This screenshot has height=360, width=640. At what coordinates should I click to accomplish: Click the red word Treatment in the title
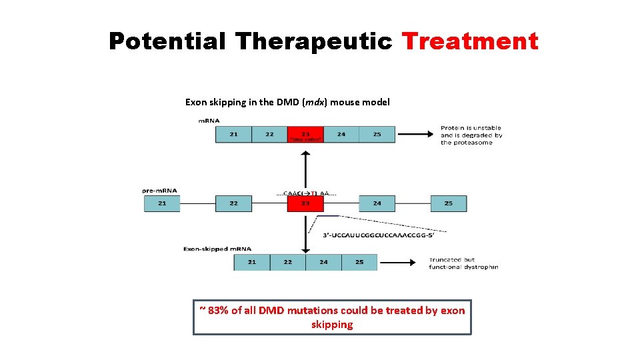pyautogui.click(x=470, y=41)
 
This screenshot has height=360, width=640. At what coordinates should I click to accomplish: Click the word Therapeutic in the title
pyautogui.click(x=313, y=41)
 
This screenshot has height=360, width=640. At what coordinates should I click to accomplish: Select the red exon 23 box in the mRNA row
pyautogui.click(x=305, y=135)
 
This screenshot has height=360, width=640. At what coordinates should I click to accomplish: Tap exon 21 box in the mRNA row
pyautogui.click(x=233, y=135)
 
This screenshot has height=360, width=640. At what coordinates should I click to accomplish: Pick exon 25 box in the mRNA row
pyautogui.click(x=377, y=135)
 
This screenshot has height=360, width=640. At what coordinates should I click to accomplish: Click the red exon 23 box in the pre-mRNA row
pyautogui.click(x=305, y=203)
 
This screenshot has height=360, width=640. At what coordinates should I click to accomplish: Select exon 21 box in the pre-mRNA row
pyautogui.click(x=162, y=203)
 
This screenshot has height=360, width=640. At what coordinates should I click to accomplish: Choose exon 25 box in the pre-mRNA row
pyautogui.click(x=449, y=203)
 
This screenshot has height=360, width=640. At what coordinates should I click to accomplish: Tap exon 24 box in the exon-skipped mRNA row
pyautogui.click(x=323, y=262)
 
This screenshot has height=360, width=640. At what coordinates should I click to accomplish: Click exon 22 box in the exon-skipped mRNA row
pyautogui.click(x=287, y=262)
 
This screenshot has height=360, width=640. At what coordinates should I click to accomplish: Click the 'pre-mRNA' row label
pyautogui.click(x=159, y=190)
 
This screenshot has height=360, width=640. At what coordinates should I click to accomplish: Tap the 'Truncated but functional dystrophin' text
pyautogui.click(x=463, y=263)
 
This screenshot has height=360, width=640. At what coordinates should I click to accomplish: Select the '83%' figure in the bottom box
pyautogui.click(x=218, y=310)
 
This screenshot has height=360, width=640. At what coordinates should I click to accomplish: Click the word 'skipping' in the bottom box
pyautogui.click(x=332, y=325)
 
